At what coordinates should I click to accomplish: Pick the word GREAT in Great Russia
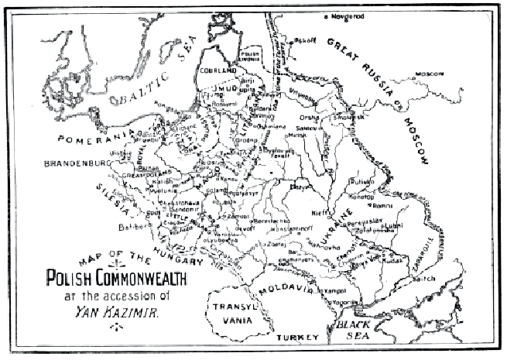pyautogui.click(x=346, y=52)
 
